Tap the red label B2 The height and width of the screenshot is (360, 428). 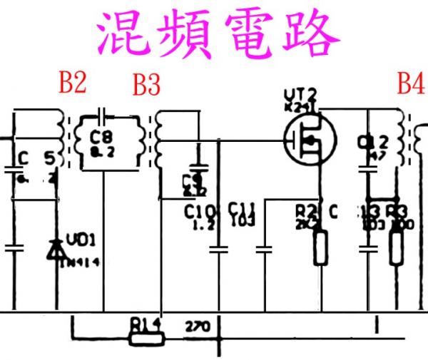73,84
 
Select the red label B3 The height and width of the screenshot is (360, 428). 146,86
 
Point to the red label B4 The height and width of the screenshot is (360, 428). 410,84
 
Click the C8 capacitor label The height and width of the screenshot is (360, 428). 103,135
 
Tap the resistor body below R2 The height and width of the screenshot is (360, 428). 320,247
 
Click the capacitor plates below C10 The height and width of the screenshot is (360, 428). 218,249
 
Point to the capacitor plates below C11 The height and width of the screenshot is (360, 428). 264,249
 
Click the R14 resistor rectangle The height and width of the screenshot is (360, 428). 146,336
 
